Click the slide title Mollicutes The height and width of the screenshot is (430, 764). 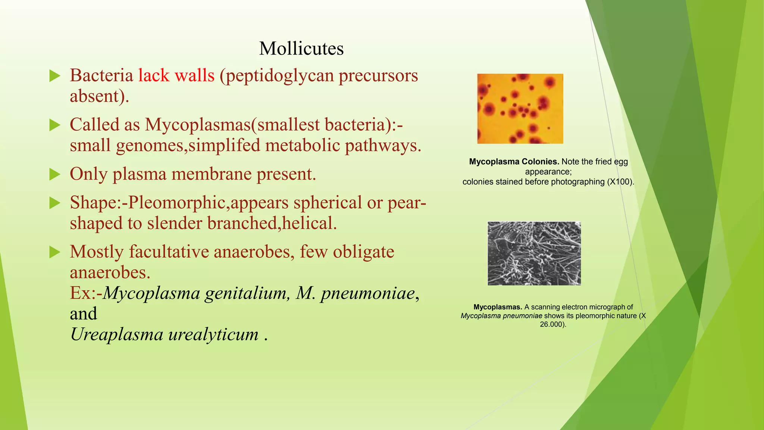[x=301, y=49]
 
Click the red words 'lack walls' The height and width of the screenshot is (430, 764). [x=176, y=75]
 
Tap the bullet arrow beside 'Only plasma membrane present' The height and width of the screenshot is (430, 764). [x=55, y=174]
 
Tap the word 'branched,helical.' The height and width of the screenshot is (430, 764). [x=272, y=223]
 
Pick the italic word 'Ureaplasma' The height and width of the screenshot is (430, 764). [x=117, y=334]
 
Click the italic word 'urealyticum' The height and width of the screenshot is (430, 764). [x=213, y=334]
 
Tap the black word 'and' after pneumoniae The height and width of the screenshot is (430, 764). [x=83, y=314]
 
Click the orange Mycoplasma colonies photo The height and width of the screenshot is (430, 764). [x=520, y=109]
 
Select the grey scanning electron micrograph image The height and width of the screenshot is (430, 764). [x=534, y=253]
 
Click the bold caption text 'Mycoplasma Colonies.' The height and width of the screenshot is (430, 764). [x=514, y=162]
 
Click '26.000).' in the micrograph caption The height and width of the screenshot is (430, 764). [x=553, y=324]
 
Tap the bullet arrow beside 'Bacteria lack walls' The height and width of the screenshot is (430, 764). [x=55, y=76]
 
